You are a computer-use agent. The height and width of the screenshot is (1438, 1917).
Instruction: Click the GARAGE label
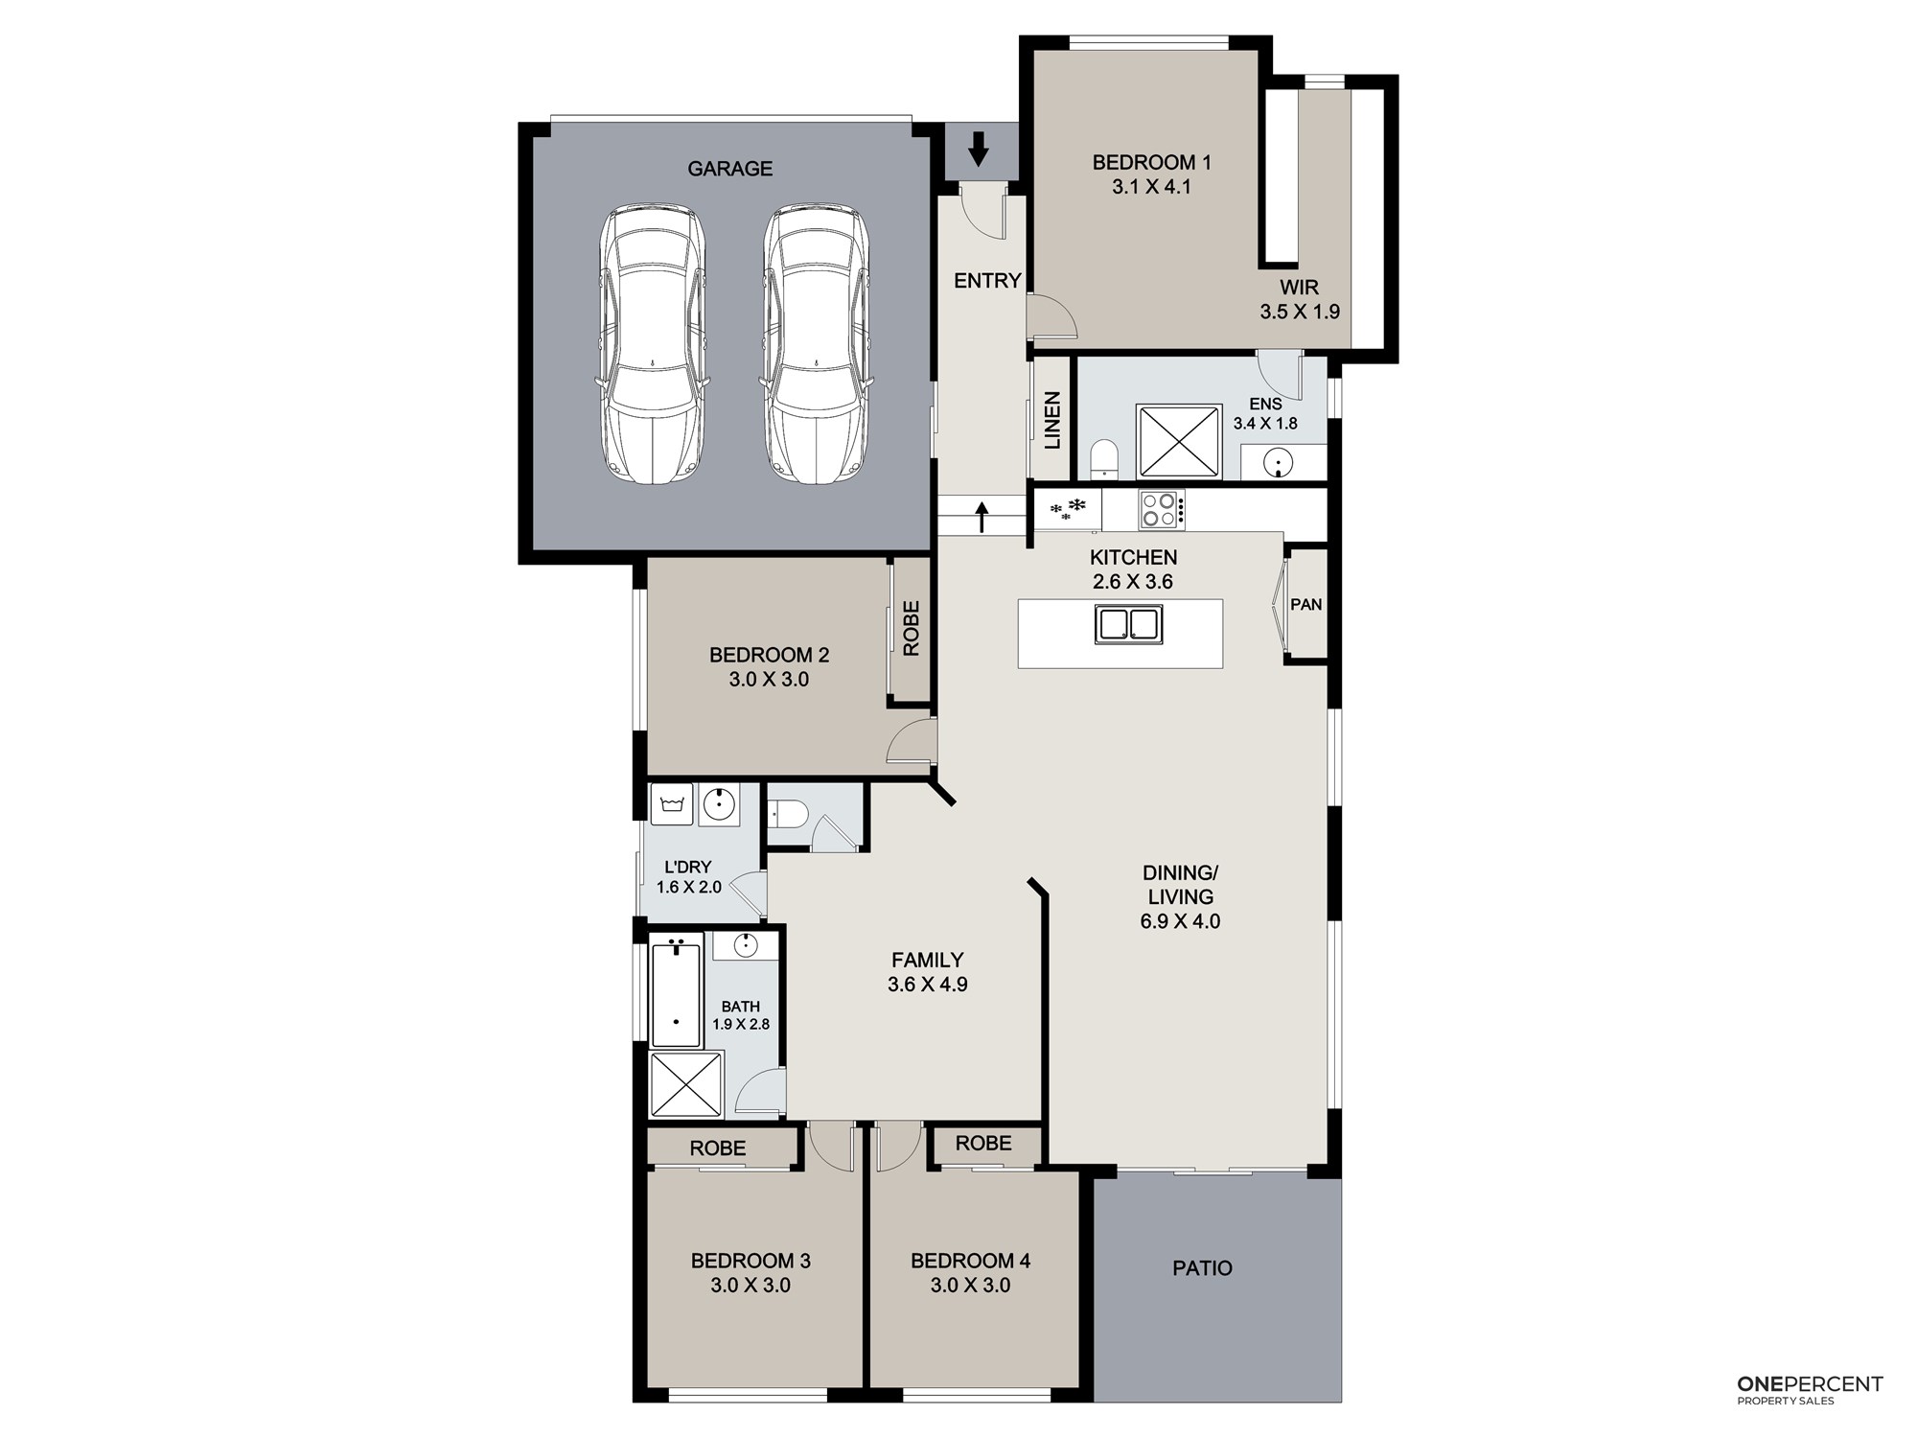729,169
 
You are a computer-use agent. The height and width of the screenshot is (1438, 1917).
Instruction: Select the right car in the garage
816,343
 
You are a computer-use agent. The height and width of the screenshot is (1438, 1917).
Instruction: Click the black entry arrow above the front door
978,150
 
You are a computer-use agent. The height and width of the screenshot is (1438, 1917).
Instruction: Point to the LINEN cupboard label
1052,420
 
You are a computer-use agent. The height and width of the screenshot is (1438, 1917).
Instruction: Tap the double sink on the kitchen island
1129,624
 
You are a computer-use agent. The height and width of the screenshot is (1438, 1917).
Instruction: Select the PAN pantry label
1306,604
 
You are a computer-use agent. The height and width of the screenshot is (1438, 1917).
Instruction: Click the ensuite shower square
1179,442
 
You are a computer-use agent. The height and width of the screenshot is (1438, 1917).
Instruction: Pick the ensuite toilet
1105,459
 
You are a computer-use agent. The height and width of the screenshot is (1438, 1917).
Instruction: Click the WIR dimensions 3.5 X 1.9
1300,312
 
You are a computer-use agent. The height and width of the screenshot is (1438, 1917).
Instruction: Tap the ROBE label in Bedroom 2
911,628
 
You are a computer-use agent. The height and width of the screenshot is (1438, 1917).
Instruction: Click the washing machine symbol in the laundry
672,804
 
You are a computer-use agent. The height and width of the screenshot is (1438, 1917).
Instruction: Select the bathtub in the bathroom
677,993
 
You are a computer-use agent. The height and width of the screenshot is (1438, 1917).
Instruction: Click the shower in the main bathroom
686,1085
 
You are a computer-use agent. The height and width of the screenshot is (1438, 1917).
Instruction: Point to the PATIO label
1202,1268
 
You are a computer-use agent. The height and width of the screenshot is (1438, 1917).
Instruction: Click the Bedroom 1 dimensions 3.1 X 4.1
1152,187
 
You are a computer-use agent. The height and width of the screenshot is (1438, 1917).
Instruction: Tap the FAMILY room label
927,960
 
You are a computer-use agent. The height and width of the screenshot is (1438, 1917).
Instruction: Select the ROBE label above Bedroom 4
983,1143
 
